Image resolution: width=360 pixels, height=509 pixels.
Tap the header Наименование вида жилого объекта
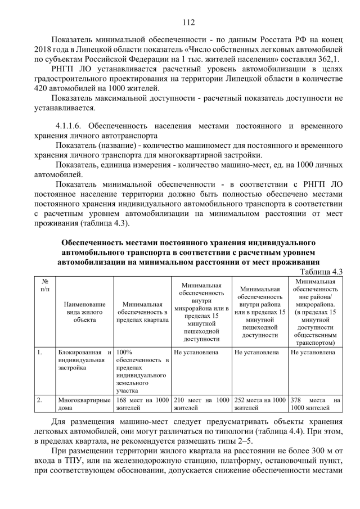(84, 312)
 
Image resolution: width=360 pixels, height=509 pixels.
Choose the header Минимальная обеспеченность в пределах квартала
(142, 312)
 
